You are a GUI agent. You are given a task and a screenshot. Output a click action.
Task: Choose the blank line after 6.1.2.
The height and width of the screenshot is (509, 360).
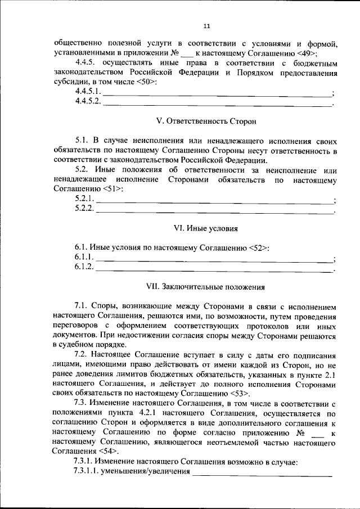(214, 269)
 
